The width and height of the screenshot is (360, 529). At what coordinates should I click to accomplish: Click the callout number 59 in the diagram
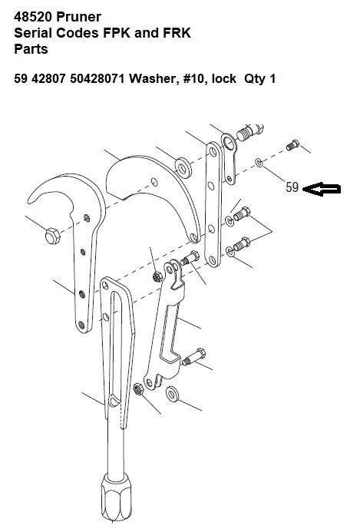[292, 187]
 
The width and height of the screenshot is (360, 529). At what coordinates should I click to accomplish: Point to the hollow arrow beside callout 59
[322, 190]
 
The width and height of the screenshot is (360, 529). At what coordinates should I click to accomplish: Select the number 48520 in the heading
[33, 17]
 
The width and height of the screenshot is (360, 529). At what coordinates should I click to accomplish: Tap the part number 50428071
[97, 78]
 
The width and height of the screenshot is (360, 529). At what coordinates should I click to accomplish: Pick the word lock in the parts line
[223, 78]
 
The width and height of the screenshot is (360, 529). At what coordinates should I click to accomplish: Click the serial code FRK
[177, 33]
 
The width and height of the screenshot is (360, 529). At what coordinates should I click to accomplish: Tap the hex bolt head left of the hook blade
[53, 236]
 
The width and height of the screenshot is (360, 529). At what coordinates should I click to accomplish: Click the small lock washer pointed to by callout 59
[259, 162]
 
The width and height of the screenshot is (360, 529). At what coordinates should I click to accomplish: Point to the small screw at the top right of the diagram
[292, 145]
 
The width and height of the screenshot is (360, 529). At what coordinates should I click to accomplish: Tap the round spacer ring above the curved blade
[183, 167]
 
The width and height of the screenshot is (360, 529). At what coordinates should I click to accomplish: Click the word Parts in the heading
[31, 49]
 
